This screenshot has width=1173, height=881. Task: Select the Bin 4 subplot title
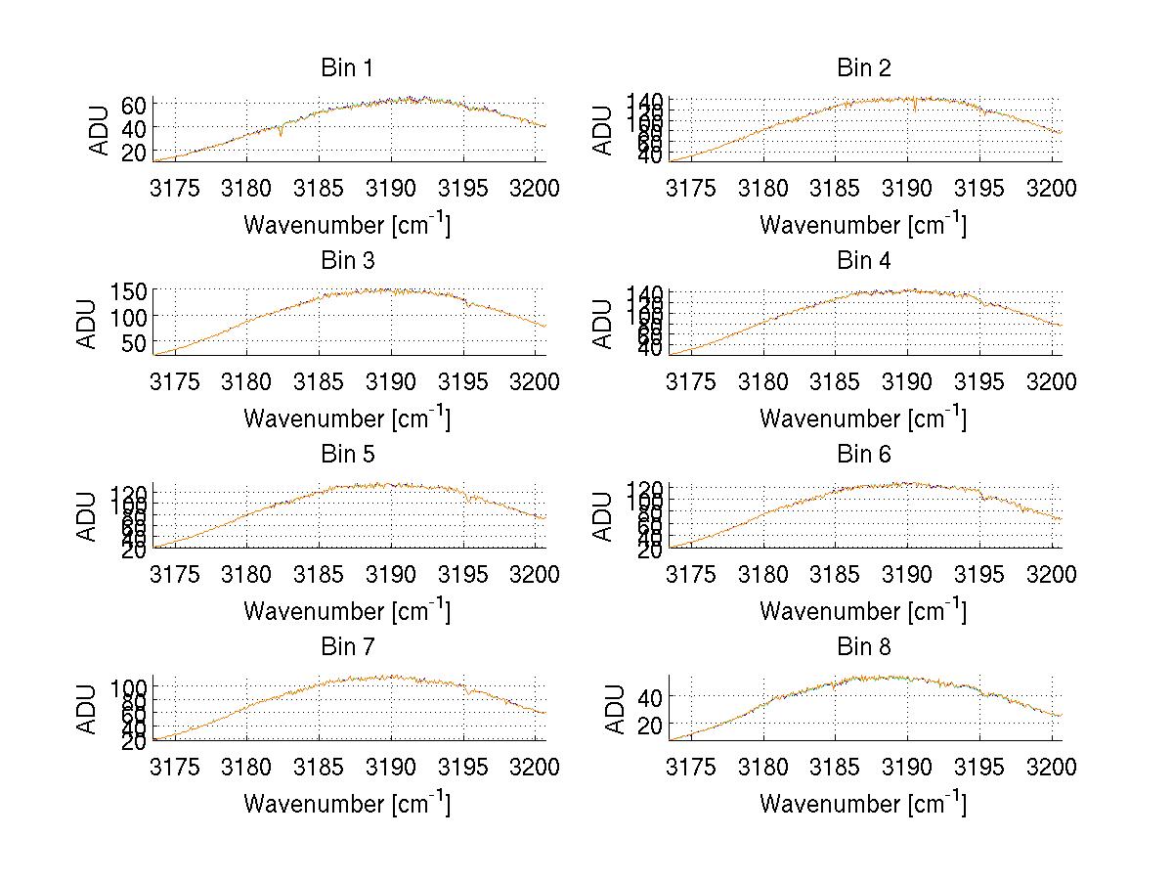(863, 261)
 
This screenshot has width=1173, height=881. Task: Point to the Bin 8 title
(863, 647)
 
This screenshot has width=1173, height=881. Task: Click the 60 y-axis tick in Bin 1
(134, 105)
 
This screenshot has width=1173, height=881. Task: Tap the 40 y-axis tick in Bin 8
(650, 697)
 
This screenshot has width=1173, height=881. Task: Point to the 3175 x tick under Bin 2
(692, 188)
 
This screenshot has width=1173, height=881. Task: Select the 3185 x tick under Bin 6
(837, 574)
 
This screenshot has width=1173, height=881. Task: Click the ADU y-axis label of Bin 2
(603, 129)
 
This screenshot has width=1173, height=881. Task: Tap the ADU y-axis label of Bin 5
(87, 515)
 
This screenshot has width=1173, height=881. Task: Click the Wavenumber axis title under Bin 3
(347, 418)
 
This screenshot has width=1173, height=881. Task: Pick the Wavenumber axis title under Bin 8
(863, 804)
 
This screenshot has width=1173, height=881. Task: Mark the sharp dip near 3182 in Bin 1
(282, 134)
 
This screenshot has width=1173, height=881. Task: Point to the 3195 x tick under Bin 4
(979, 381)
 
